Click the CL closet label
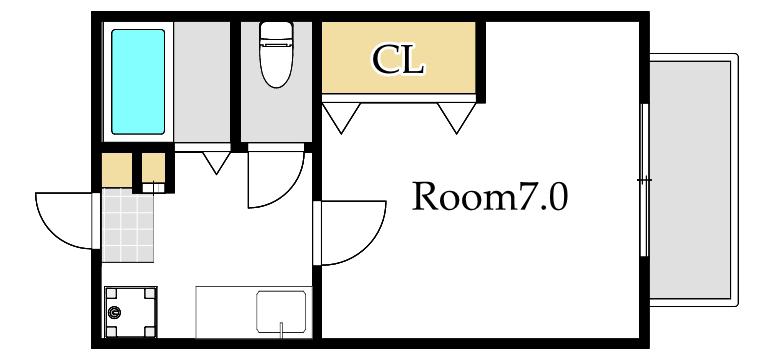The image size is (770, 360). [398, 60]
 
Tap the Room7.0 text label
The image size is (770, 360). [490, 195]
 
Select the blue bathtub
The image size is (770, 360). [138, 82]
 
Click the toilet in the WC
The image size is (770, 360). [276, 54]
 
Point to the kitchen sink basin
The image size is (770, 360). [281, 311]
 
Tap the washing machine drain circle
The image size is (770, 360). [114, 312]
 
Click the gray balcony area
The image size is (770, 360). [690, 179]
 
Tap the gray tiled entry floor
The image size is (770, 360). [128, 225]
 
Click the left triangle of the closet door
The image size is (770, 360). [341, 117]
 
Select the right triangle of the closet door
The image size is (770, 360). [457, 117]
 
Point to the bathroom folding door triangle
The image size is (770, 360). [216, 162]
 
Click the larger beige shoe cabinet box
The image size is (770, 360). [117, 170]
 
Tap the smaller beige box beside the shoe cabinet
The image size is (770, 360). [153, 168]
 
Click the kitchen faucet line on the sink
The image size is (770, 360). [281, 328]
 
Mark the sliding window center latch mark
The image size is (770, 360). [644, 180]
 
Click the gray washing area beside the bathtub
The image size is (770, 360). [202, 82]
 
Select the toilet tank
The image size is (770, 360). [276, 32]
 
